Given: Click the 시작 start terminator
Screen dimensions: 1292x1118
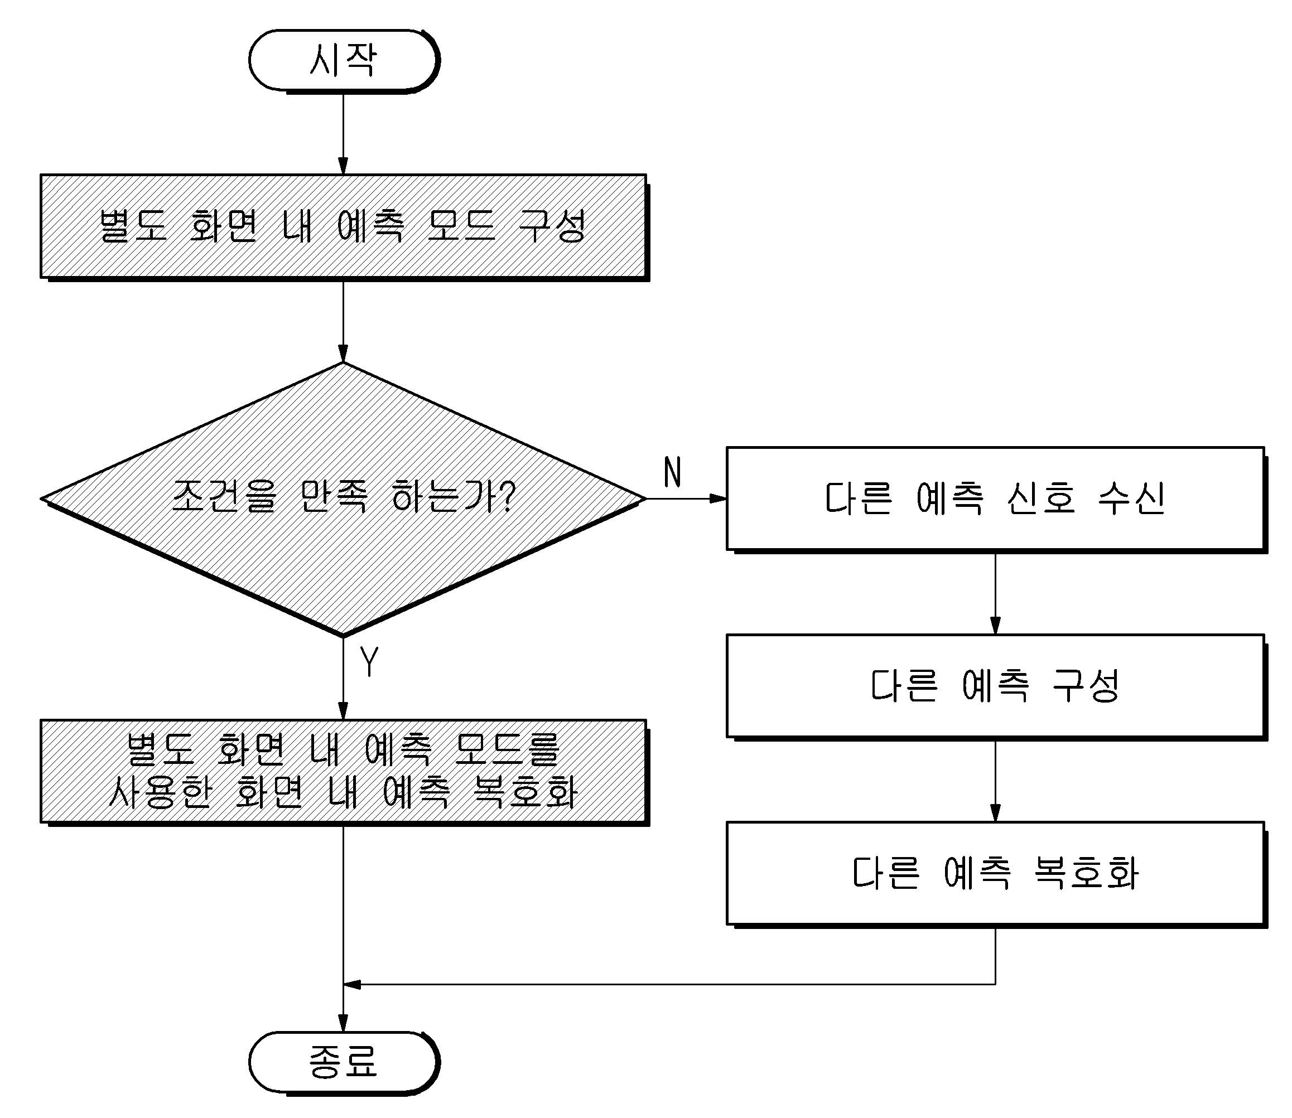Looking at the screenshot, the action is pos(344,61).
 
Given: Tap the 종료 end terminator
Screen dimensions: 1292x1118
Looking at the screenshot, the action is pos(344,1062).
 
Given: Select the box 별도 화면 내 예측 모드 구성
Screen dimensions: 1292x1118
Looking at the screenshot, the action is pos(344,226).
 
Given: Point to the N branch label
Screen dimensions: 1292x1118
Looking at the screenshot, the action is pos(672,472).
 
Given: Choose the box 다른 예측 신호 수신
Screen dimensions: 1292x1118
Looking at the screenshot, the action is pos(996,499).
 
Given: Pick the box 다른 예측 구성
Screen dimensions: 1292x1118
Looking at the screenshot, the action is pos(996,686).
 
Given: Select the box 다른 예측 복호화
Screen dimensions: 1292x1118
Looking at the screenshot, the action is pos(996,873).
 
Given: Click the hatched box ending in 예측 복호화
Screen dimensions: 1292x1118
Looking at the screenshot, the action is pos(344,772).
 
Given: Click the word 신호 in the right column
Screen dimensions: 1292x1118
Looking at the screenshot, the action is pos(1042,498).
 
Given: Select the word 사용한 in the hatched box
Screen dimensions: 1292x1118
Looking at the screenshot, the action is pos(160,792).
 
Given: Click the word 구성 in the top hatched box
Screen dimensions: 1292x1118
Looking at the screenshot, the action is pos(552,225).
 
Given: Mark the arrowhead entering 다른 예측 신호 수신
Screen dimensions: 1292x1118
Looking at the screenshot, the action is pos(719,498).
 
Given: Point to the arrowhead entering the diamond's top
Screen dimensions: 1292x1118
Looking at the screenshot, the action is pos(343,354).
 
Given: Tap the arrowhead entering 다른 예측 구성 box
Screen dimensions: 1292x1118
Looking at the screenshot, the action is pos(996,626).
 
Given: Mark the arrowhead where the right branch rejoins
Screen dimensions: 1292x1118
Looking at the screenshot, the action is pos(352,985).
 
